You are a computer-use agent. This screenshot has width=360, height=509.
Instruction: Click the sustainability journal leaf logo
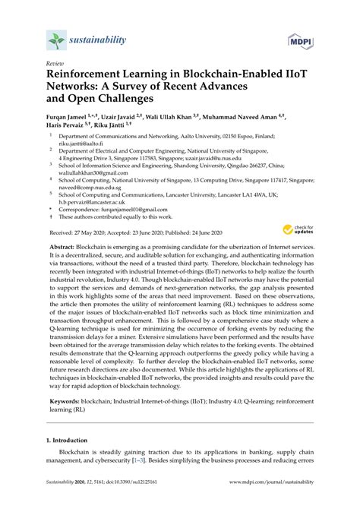(x=56, y=40)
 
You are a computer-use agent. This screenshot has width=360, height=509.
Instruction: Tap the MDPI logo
(x=299, y=40)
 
